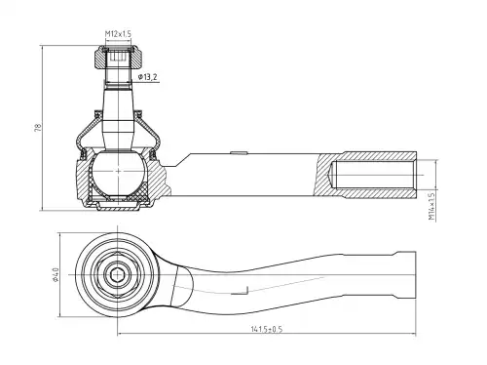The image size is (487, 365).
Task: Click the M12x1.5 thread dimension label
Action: point(118,34)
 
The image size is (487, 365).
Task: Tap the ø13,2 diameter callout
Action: point(147,77)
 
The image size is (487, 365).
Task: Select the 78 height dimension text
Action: point(38,127)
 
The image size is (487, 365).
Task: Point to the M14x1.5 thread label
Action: point(431,206)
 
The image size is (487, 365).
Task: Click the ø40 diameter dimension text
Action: point(56,275)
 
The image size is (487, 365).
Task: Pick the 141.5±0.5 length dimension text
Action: point(267,329)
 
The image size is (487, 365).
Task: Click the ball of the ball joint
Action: point(118,173)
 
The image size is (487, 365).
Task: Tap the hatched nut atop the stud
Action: point(118,57)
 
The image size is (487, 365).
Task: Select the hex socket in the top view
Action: point(117,275)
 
